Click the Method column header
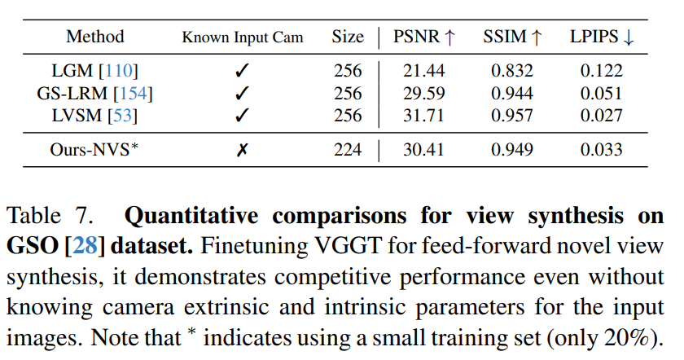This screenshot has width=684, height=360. tap(95, 37)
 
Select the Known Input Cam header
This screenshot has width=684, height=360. tap(242, 37)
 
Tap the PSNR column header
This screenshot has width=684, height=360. tap(423, 37)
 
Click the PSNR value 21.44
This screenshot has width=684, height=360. tap(423, 72)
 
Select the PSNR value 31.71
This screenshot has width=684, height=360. tap(423, 116)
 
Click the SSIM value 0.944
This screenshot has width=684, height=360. tap(512, 94)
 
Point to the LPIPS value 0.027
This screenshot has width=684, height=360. tap(601, 116)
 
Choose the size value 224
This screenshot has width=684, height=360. tap(348, 149)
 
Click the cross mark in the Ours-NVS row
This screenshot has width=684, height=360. tap(242, 150)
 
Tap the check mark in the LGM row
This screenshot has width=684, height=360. tap(242, 72)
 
